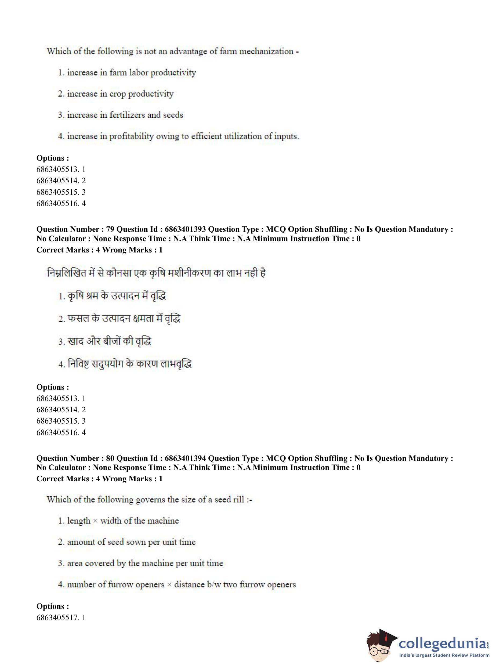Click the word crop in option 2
118,94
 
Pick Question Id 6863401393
185,229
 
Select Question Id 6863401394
185,458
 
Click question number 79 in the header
110,229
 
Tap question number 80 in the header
110,458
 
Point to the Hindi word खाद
76,341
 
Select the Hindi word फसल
78,319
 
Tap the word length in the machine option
79,521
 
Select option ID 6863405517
58,617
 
